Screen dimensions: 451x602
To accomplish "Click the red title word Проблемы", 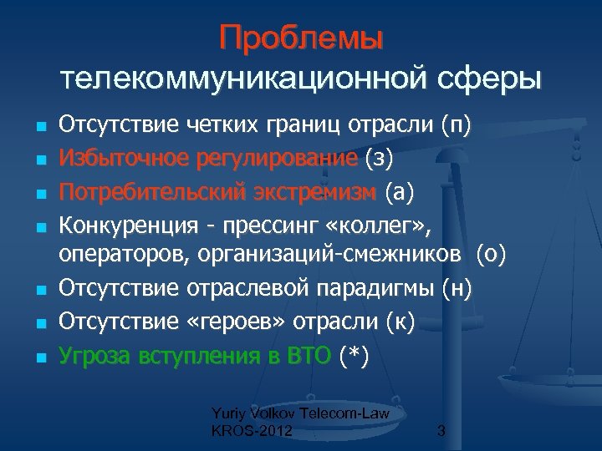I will coord(301,38).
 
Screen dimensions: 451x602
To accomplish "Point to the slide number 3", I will coord(441,432).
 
